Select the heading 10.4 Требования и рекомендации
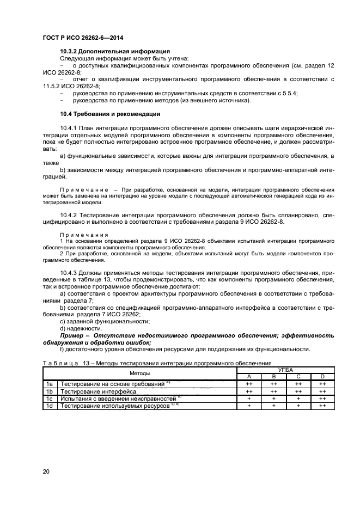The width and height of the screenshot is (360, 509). click(x=109, y=114)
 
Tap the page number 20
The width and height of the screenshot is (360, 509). click(x=46, y=471)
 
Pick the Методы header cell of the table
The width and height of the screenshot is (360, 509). click(x=139, y=373)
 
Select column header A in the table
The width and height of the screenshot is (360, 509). click(x=249, y=377)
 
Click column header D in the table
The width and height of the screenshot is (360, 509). click(x=322, y=377)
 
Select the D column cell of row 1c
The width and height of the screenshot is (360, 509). click(x=322, y=398)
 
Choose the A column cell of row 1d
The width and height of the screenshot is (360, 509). click(x=249, y=406)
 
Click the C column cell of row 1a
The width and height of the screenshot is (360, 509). click(x=298, y=384)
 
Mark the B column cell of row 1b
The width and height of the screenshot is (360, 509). click(x=273, y=391)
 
